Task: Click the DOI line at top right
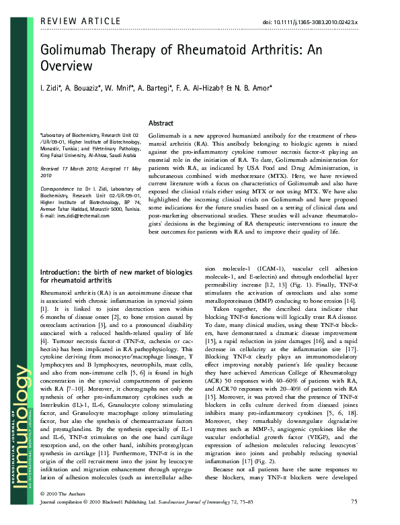pos(309,22)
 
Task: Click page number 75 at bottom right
pos(354,519)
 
